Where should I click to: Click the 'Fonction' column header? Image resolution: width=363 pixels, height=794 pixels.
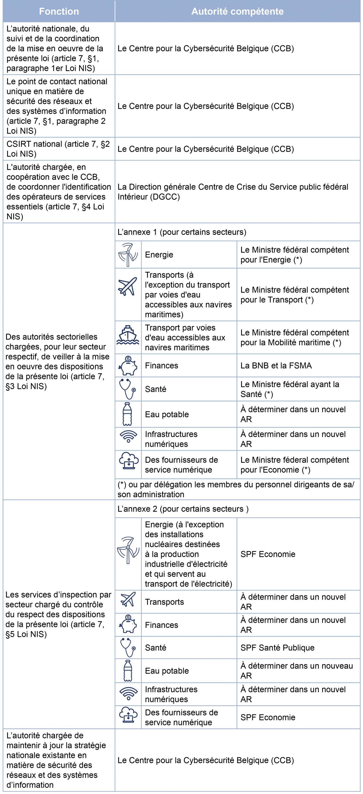[x=59, y=11]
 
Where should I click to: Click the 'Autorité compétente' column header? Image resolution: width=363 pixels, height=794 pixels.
[x=237, y=11]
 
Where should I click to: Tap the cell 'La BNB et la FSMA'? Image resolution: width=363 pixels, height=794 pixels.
[x=276, y=366]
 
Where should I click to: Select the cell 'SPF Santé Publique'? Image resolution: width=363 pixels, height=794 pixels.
[x=277, y=648]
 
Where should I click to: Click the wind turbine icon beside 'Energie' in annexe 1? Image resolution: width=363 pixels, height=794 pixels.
[x=128, y=255]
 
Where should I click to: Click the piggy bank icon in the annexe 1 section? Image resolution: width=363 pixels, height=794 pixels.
[x=128, y=366]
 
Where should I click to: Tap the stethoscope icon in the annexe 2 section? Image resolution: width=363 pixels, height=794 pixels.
[x=128, y=648]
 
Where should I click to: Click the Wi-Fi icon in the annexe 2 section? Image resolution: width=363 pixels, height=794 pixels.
[x=128, y=694]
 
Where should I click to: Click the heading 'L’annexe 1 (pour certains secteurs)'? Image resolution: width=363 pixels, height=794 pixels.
[x=182, y=232]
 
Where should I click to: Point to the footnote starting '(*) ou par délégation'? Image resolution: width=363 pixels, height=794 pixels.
[x=236, y=489]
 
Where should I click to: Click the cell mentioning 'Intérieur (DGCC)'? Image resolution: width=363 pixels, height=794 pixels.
[x=233, y=192]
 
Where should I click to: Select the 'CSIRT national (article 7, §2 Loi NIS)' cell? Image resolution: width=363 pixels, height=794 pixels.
[x=58, y=149]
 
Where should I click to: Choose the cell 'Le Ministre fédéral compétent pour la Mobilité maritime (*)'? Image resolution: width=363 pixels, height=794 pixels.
[x=295, y=338]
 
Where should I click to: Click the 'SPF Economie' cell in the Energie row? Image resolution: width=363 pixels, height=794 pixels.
[x=268, y=554]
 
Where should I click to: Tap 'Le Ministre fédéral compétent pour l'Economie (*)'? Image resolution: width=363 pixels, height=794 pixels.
[x=295, y=465]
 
